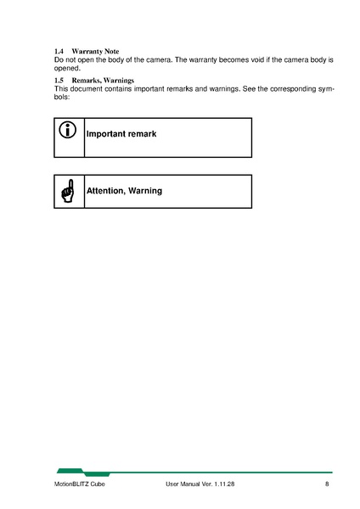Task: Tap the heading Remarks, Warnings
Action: coord(103,81)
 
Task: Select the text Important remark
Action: coord(121,135)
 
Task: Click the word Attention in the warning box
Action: coord(105,191)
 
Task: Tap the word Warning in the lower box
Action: coord(145,191)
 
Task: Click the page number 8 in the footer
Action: coord(327,484)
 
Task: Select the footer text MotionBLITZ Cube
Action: coord(81,484)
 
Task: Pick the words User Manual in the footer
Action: coord(183,484)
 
